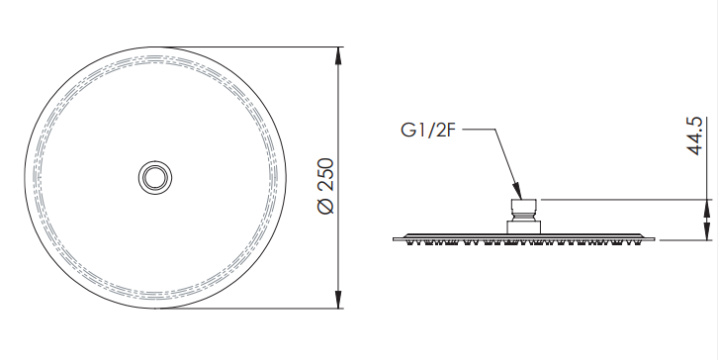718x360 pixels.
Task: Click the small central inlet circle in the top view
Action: [154, 176]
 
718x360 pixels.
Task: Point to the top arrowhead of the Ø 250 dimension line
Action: [339, 55]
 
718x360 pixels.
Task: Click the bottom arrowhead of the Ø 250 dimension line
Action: [339, 298]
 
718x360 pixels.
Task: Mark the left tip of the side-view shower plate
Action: [395, 237]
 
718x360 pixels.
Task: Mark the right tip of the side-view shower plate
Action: [656, 237]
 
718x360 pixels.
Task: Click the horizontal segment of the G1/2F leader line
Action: [477, 129]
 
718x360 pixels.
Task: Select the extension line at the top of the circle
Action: [247, 45]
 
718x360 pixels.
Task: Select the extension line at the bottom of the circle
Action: [247, 308]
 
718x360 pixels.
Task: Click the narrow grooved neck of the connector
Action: [524, 217]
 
